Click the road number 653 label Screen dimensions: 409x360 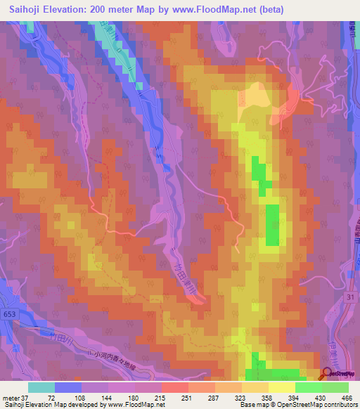tap(13, 313)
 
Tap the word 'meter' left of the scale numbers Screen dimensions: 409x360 tap(9, 398)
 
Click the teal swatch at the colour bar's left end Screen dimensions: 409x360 tap(41, 387)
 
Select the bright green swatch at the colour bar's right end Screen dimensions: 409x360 tap(335, 387)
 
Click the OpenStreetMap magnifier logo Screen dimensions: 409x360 tap(327, 375)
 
